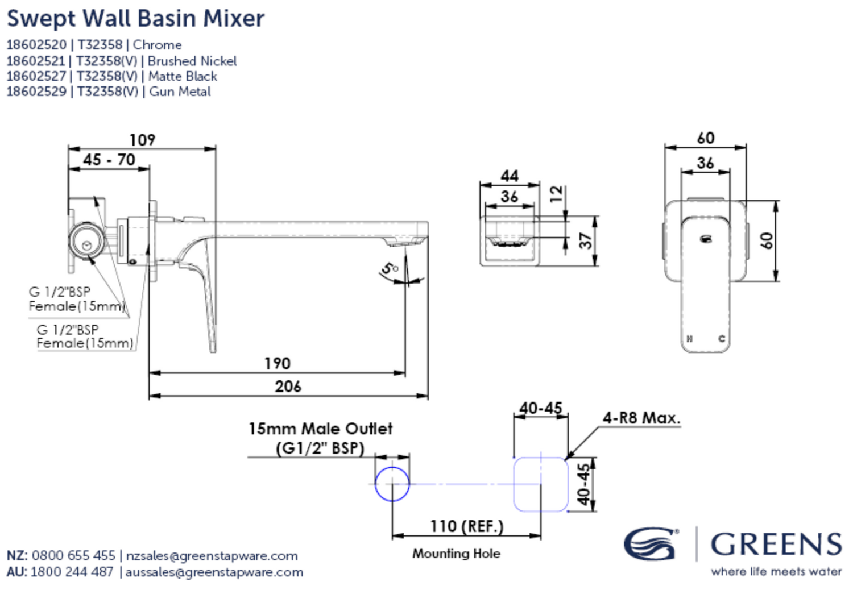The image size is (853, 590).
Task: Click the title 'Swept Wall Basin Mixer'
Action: coord(135,18)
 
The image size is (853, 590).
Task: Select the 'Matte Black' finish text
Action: coord(183,76)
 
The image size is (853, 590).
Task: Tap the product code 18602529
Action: coord(36,92)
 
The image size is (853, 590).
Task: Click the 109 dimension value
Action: coord(142,140)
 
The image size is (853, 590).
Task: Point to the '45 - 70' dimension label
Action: coord(109,160)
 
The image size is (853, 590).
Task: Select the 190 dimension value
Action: coord(277,363)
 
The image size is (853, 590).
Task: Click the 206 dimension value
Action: coord(288,387)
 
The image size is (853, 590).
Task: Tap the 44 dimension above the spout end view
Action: coord(509,176)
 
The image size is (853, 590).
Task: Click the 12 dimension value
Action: coord(557,194)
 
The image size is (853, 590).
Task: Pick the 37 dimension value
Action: coord(586,240)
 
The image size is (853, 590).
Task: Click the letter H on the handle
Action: coord(689,339)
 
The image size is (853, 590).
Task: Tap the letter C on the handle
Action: coord(722,339)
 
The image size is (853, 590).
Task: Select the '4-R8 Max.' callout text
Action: coord(641,418)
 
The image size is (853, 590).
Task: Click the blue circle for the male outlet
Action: coord(392,484)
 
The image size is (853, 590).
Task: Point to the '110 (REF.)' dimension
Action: coord(466,526)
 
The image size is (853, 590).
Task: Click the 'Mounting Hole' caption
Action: coord(456,553)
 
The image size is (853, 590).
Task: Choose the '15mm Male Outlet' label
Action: coord(320,429)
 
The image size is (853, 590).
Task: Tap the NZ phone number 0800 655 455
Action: coord(73,555)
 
